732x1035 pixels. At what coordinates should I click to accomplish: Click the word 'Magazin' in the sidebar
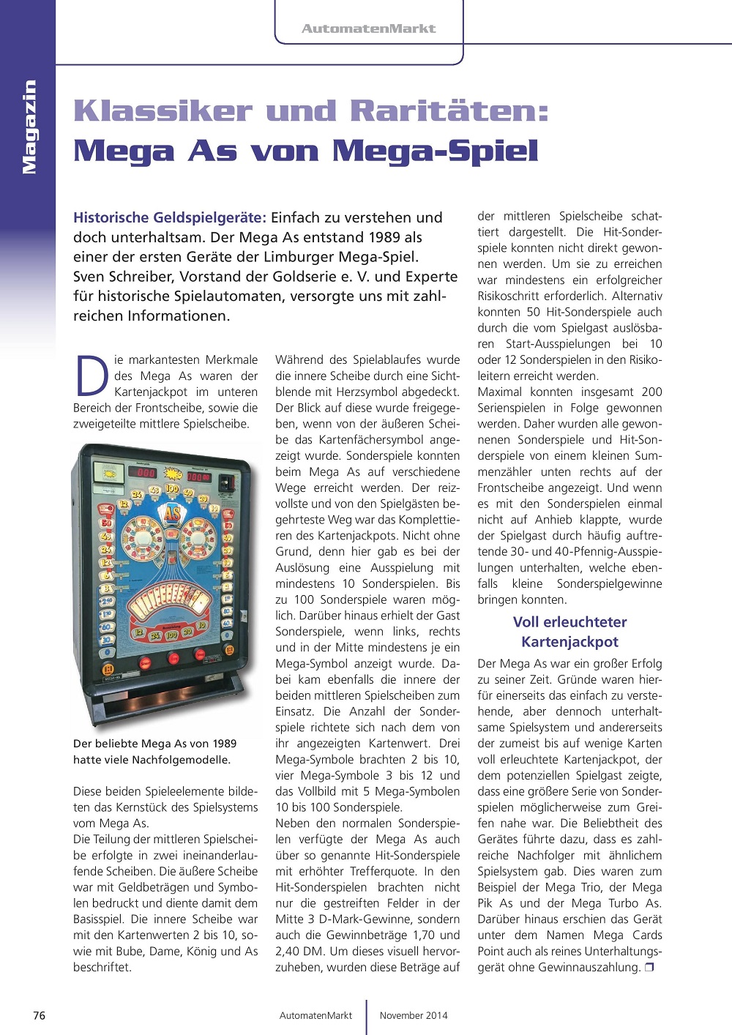tap(29, 127)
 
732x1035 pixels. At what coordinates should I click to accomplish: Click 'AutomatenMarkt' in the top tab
tap(368, 29)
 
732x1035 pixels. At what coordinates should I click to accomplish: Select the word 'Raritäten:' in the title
tap(449, 111)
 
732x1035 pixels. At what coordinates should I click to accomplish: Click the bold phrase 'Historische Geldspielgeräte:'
tap(169, 217)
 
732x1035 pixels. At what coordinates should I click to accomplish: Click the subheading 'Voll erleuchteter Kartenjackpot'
tap(569, 632)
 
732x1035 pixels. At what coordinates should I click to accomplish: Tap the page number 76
tap(40, 1015)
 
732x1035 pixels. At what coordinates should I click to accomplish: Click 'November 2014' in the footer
tap(414, 1015)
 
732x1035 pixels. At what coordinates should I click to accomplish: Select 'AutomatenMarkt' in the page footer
tap(315, 1015)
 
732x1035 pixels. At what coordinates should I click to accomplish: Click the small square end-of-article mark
tap(649, 968)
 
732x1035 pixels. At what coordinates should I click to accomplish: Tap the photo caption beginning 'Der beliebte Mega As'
tap(154, 751)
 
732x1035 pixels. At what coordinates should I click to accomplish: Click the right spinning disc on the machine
tap(200, 537)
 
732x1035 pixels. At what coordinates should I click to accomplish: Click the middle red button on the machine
tap(173, 657)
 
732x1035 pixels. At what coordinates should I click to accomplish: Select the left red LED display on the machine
tap(146, 473)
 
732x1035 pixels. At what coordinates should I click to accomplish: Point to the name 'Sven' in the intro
tap(89, 277)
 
